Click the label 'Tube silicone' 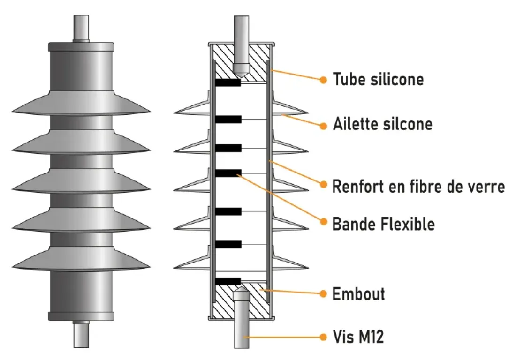[x=378, y=79]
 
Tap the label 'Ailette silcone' [x=382, y=125]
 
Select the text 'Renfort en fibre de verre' [x=418, y=186]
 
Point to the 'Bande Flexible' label [x=383, y=224]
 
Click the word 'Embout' [x=358, y=294]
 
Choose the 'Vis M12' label [x=358, y=337]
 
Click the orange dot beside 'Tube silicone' [x=323, y=80]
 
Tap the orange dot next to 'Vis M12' [x=323, y=337]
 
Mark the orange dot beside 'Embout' [x=323, y=294]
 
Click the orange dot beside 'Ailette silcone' [x=323, y=126]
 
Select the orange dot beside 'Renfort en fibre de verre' [x=323, y=184]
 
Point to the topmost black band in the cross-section [x=228, y=83]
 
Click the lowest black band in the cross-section [x=228, y=281]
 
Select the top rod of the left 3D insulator [x=81, y=28]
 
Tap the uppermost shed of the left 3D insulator [x=81, y=105]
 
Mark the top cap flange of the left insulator [x=81, y=47]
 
